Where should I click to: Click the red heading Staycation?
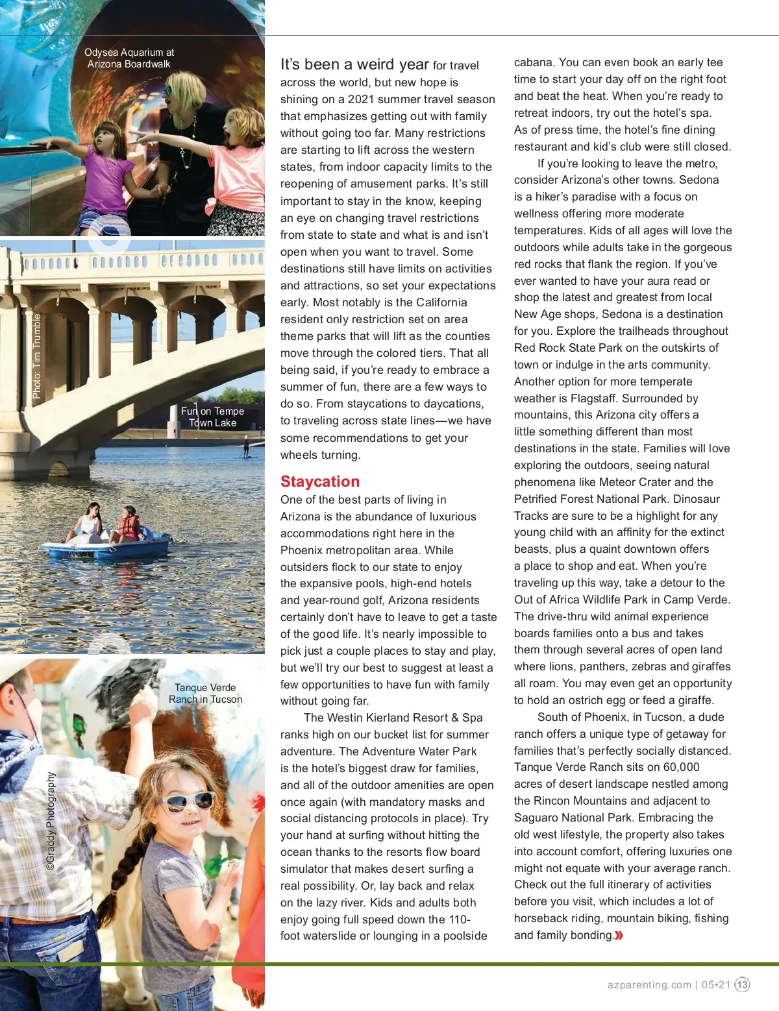[x=319, y=481]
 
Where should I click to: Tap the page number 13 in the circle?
[x=742, y=984]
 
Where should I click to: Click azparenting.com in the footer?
[x=649, y=984]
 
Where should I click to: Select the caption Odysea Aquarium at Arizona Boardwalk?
[x=129, y=58]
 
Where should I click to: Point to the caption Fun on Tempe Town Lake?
[x=212, y=417]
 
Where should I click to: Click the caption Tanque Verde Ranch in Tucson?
[x=205, y=693]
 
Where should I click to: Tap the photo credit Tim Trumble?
[x=37, y=356]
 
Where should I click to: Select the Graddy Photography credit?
[x=51, y=820]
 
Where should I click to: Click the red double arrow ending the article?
[x=619, y=935]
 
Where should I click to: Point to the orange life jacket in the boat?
[x=130, y=526]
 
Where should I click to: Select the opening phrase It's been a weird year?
[x=354, y=64]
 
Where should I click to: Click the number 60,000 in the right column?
[x=681, y=767]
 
